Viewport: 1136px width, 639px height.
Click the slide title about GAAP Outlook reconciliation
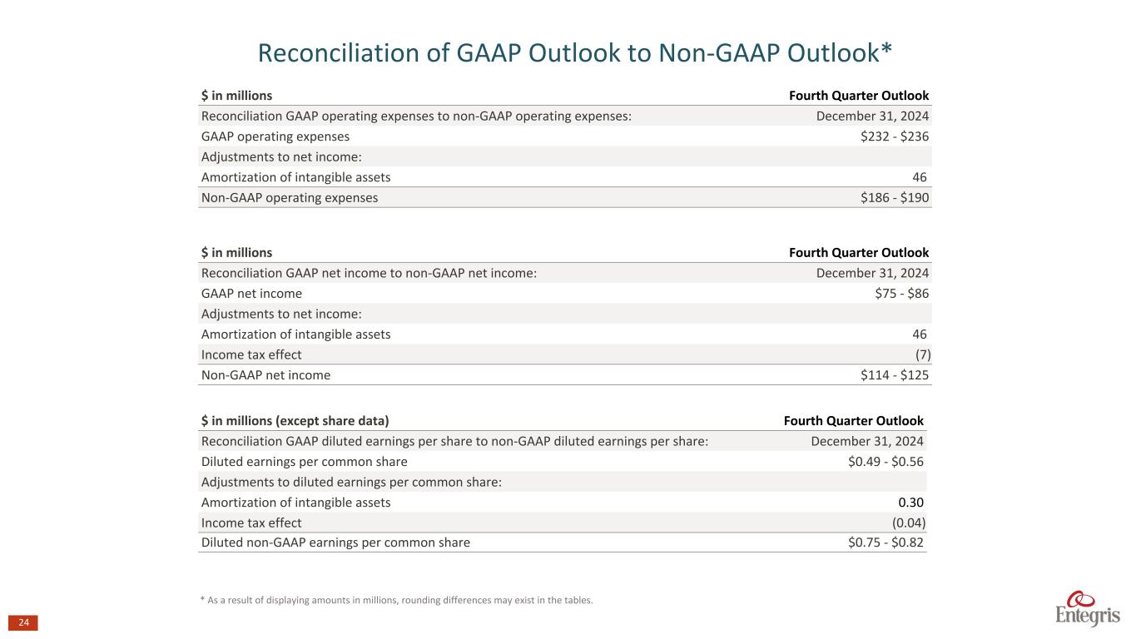[575, 53]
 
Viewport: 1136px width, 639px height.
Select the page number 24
[23, 623]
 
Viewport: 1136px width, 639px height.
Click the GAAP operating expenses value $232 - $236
[895, 136]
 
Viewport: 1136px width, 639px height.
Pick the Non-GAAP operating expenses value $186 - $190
[895, 198]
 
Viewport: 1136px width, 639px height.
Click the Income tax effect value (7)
[922, 354]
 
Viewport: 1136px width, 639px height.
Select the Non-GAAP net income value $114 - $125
[895, 375]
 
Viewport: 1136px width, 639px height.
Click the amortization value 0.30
[910, 503]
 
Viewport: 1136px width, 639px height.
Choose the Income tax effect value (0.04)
[908, 523]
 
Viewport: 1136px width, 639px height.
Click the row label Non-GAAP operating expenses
[290, 198]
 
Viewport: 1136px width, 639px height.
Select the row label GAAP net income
[251, 294]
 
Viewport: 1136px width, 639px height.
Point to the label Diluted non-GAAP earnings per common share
[335, 543]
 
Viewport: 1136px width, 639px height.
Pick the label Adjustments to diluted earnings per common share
[351, 483]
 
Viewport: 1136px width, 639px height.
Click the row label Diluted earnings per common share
[305, 462]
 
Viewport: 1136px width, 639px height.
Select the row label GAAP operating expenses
[275, 136]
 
